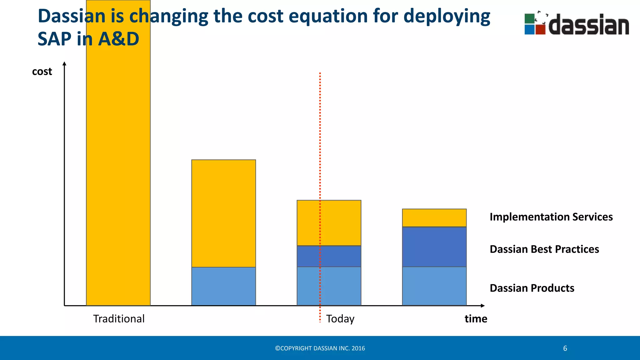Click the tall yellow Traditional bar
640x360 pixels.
(x=118, y=175)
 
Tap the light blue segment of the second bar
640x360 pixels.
(x=223, y=286)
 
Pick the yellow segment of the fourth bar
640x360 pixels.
(x=434, y=218)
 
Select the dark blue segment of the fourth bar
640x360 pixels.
(x=434, y=247)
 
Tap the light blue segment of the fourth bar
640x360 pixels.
(x=434, y=286)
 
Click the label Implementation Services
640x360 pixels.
(x=551, y=217)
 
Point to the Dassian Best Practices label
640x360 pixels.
(x=544, y=249)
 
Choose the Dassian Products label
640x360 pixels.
(x=532, y=288)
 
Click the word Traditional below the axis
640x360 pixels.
(x=119, y=319)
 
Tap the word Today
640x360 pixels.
(x=340, y=319)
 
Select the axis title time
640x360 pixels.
(x=476, y=319)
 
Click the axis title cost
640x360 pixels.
(x=42, y=72)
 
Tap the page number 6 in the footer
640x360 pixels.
(x=565, y=348)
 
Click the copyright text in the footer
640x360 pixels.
(x=320, y=348)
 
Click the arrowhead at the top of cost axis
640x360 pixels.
(x=64, y=63)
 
